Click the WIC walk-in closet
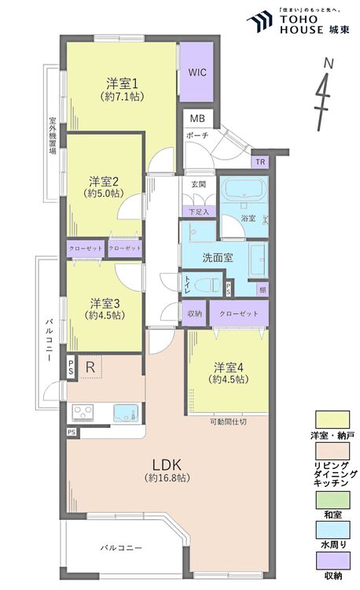[x=197, y=71]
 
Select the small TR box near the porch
[x=259, y=162]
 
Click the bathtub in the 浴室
[x=242, y=192]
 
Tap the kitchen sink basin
[x=124, y=413]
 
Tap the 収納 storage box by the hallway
[x=194, y=313]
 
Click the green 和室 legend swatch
[x=332, y=500]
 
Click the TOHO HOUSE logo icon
[x=259, y=19]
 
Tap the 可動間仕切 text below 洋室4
[x=228, y=421]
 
